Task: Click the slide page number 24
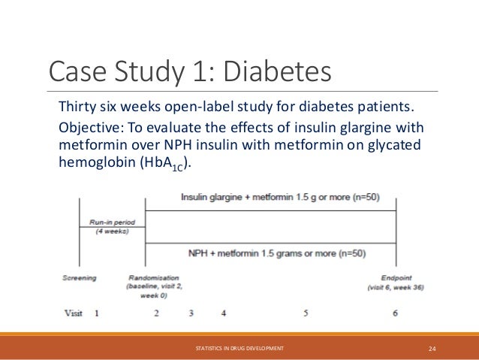click(x=432, y=348)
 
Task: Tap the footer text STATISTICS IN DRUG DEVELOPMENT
click(x=239, y=348)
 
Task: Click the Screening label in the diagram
click(x=79, y=278)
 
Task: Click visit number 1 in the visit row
click(x=96, y=312)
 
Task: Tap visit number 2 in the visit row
click(x=156, y=312)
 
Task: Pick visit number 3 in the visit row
click(x=191, y=312)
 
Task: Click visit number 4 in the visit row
click(x=223, y=312)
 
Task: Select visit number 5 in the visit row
click(x=306, y=312)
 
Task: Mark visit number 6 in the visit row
click(x=395, y=312)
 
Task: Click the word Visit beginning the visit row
click(x=71, y=312)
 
